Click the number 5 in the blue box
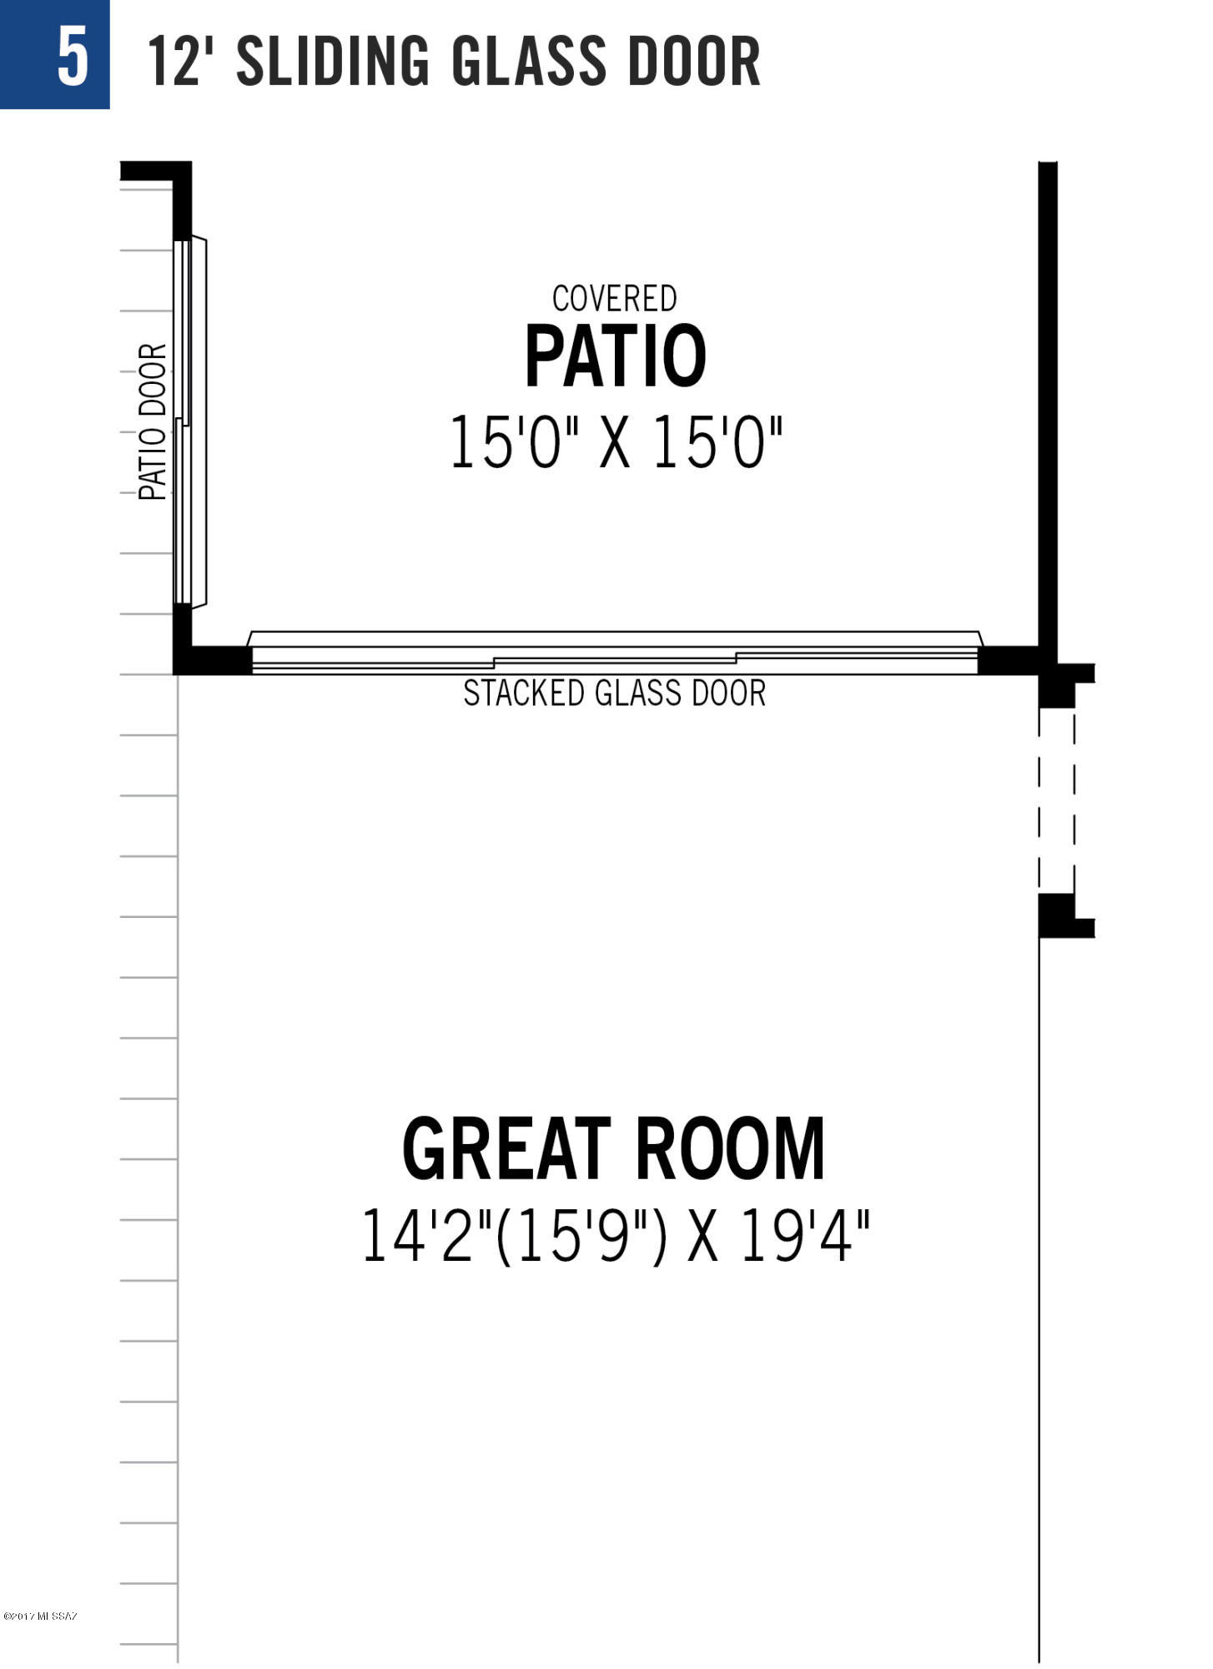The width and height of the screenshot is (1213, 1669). click(73, 56)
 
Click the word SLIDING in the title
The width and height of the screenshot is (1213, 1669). click(333, 60)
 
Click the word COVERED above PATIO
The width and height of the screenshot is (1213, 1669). click(615, 299)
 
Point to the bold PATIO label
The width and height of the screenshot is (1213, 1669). click(616, 356)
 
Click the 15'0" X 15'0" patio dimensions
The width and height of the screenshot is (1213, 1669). click(617, 443)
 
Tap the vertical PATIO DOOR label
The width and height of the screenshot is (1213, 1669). click(153, 421)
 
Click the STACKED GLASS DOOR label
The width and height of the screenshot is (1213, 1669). click(615, 693)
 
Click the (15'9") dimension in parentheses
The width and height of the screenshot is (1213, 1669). click(582, 1236)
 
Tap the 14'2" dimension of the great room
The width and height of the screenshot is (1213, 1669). click(427, 1236)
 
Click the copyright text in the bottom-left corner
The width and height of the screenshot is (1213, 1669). click(40, 1616)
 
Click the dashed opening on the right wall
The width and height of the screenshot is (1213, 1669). click(1056, 800)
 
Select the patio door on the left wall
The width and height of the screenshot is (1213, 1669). click(189, 422)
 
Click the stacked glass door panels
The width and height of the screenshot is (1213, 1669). click(615, 653)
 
